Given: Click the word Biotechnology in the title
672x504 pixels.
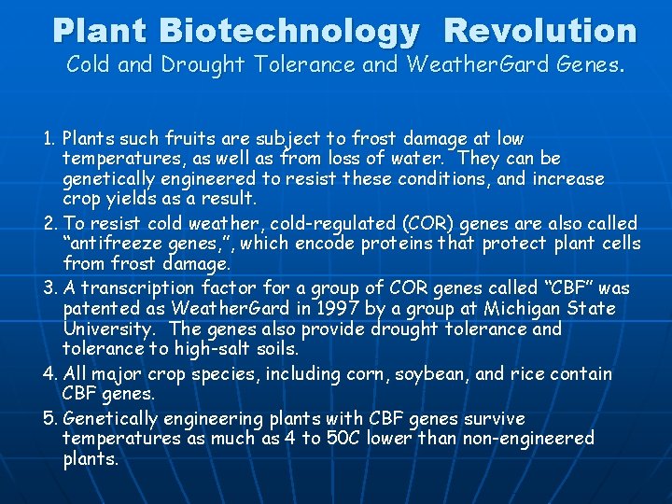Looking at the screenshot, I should click(289, 31).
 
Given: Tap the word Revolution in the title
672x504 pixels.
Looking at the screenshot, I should click(540, 31).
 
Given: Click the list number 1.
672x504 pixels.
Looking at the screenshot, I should click(49, 139).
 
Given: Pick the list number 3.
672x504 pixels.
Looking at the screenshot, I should click(49, 288).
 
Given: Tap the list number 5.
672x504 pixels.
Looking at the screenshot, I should click(49, 417).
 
